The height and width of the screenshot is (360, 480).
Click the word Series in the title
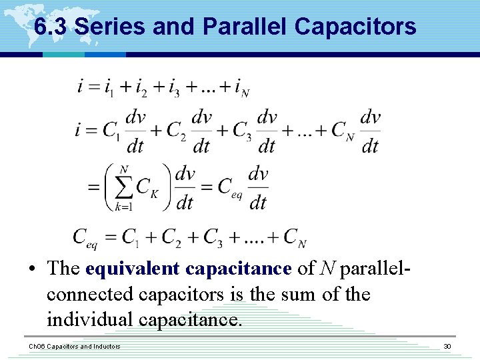[110, 27]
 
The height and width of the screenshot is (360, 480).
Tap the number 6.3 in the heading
[51, 27]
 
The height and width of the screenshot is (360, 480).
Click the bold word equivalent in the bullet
[133, 269]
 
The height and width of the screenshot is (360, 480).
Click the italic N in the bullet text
[328, 269]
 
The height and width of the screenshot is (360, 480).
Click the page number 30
[447, 346]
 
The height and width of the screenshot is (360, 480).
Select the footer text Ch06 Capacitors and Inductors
[74, 346]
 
